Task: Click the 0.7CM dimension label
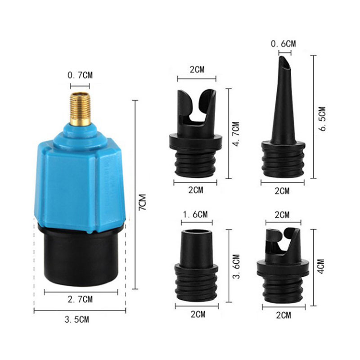[80, 75]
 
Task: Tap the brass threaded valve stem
[80, 109]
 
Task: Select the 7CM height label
[143, 202]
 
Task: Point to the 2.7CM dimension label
[80, 299]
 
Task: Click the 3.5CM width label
[76, 319]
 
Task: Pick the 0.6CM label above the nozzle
[283, 44]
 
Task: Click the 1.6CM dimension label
[195, 215]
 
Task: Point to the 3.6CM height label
[237, 266]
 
